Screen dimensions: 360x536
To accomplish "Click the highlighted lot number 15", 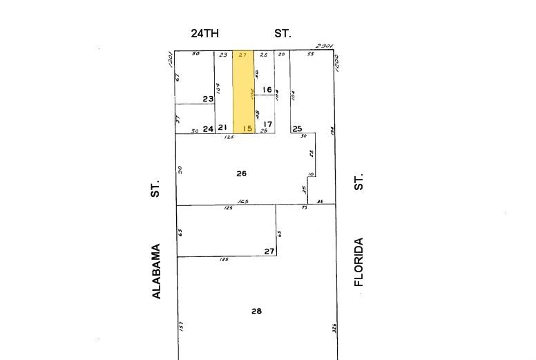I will (247, 129).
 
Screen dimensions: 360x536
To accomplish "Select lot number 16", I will (267, 90).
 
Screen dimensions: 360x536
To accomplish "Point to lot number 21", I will (222, 128).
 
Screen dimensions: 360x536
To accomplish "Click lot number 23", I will (208, 100).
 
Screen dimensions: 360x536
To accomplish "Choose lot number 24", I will (208, 129).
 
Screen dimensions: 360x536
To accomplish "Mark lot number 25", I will (297, 129).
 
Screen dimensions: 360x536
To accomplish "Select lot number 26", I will (241, 173).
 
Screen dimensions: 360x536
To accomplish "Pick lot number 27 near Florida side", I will (269, 252).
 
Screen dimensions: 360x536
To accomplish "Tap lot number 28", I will (256, 312).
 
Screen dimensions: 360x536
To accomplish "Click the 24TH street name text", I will (204, 33).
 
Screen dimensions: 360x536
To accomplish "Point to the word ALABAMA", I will (156, 271).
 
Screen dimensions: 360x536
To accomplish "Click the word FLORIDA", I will (358, 262).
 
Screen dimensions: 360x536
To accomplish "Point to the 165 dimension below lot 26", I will (242, 202).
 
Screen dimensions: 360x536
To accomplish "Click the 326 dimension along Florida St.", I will (334, 328).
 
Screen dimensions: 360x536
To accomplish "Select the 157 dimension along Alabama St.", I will (181, 326).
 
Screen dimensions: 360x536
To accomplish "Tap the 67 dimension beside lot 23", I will (178, 77).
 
